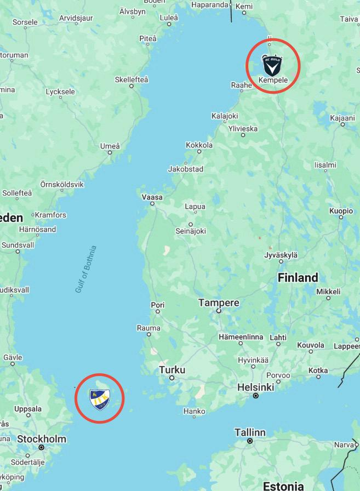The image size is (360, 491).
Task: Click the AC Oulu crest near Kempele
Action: pyautogui.click(x=272, y=66)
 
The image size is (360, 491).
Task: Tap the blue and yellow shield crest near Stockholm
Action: pyautogui.click(x=101, y=398)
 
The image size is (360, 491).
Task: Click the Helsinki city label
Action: pyautogui.click(x=255, y=387)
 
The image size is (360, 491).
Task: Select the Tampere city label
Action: pyautogui.click(x=219, y=302)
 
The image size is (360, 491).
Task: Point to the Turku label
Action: pyautogui.click(x=172, y=370)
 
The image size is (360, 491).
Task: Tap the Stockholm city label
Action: pyautogui.click(x=42, y=439)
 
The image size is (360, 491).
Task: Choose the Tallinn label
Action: pyautogui.click(x=250, y=432)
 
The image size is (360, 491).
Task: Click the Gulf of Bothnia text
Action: pyautogui.click(x=86, y=269)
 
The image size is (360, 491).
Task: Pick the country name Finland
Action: pyautogui.click(x=298, y=277)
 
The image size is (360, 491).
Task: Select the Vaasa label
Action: pyautogui.click(x=152, y=197)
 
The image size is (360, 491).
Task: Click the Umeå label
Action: pyautogui.click(x=110, y=146)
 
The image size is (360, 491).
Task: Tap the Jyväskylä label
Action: pyautogui.click(x=281, y=255)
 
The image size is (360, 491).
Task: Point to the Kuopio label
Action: pyautogui.click(x=341, y=211)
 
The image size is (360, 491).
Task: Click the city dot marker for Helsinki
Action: pyautogui.click(x=255, y=396)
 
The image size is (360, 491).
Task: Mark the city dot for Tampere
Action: pyautogui.click(x=219, y=311)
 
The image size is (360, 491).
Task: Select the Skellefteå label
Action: pyautogui.click(x=132, y=79)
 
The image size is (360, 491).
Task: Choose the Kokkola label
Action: pyautogui.click(x=199, y=145)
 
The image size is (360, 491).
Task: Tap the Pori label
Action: pyautogui.click(x=157, y=305)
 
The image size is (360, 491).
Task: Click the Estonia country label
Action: pyautogui.click(x=283, y=486)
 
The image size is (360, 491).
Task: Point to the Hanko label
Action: pyautogui.click(x=194, y=411)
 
